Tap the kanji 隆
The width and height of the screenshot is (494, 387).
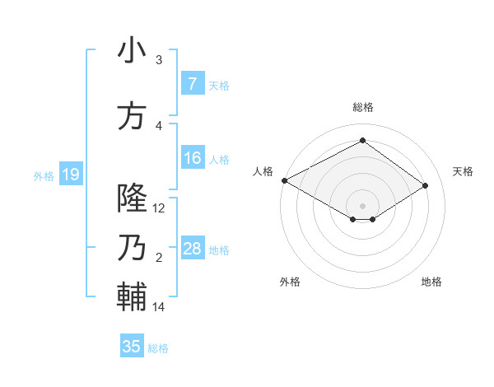tap(133, 198)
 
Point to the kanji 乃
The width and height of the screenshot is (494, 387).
tap(133, 248)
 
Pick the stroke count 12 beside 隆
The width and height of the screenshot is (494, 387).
tap(160, 208)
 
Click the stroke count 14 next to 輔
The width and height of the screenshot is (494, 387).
tap(160, 307)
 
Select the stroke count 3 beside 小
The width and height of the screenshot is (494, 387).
tap(159, 60)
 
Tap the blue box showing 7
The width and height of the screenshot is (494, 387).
tap(193, 83)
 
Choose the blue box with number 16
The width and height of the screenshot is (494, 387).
tap(193, 158)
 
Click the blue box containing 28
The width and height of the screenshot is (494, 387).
tap(193, 249)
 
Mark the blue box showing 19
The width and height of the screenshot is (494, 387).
tap(71, 174)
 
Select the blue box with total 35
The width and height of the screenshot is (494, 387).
tap(132, 347)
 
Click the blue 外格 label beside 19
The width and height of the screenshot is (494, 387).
tap(44, 175)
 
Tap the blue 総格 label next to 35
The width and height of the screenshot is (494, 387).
tap(158, 348)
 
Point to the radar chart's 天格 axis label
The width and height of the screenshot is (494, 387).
tap(463, 171)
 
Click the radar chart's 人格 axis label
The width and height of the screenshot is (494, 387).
tap(263, 171)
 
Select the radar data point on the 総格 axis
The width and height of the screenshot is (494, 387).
tap(362, 141)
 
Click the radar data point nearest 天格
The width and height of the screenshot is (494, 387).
tap(426, 185)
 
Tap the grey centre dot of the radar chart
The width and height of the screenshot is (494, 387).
tap(362, 205)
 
